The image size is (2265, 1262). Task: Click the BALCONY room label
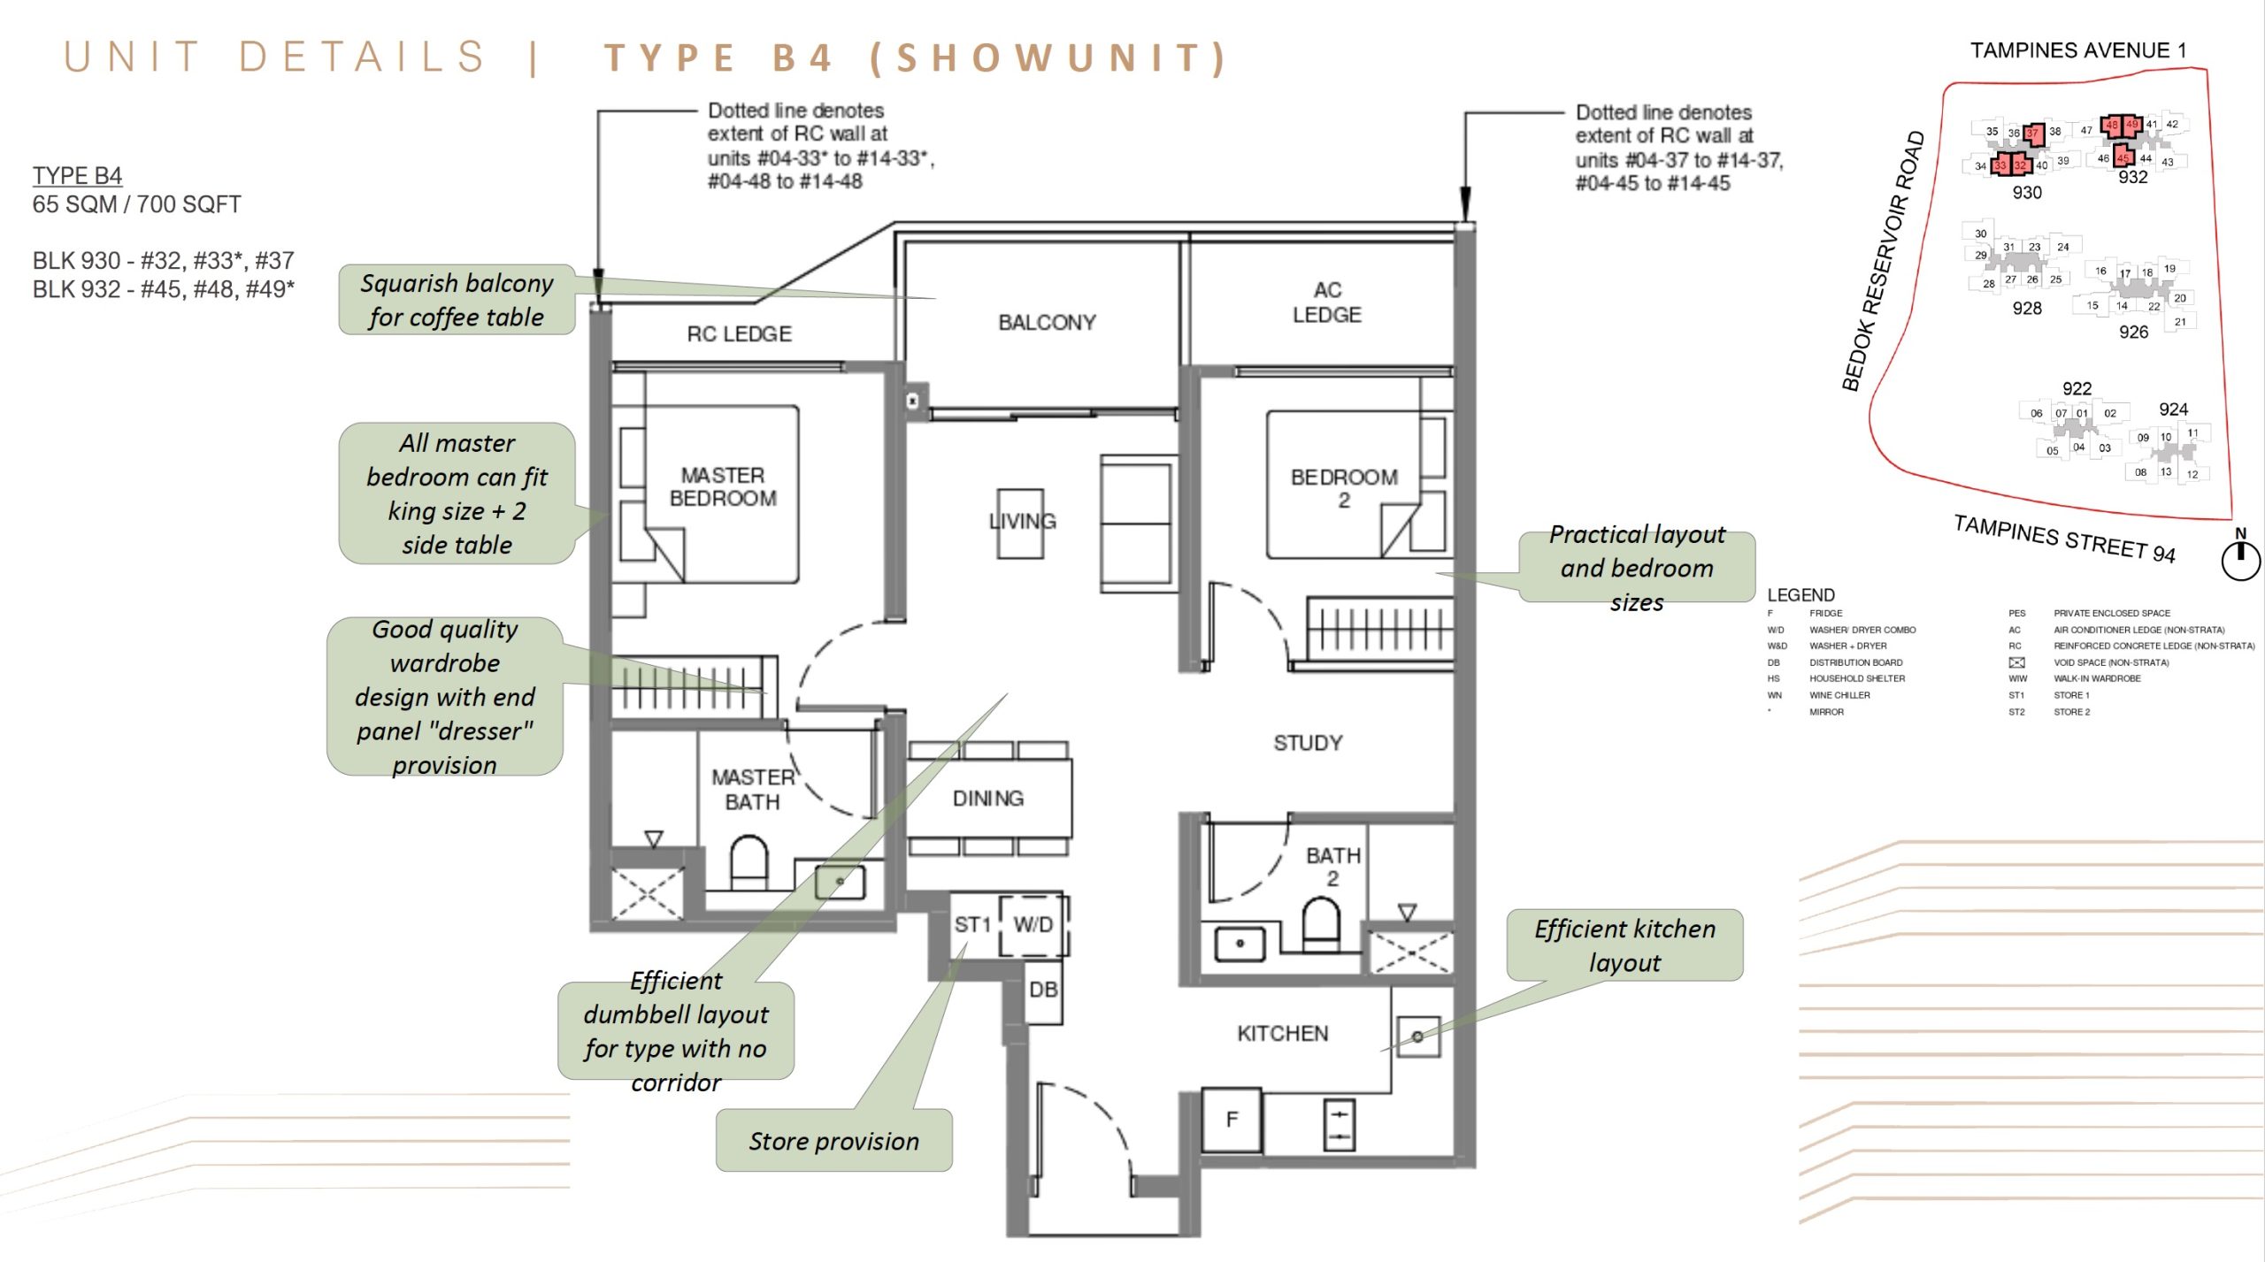point(1047,322)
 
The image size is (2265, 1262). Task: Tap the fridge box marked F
point(1231,1120)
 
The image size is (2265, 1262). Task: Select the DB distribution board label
point(1043,990)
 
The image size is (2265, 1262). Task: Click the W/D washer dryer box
point(1033,925)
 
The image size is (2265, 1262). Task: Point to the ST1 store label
point(971,925)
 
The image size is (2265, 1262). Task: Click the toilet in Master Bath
point(749,862)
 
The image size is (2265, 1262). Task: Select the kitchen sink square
point(1417,1036)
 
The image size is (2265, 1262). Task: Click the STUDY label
point(1308,743)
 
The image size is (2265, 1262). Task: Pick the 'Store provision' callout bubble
point(833,1141)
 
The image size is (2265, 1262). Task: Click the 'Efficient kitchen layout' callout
point(1624,945)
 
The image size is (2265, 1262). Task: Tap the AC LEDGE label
point(1326,302)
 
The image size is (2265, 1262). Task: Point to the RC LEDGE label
point(739,334)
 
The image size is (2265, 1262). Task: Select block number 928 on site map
point(2027,309)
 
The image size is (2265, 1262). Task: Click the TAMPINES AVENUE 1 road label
point(2077,50)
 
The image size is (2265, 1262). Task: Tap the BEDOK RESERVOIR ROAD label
point(1884,261)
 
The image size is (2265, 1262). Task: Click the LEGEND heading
point(1800,595)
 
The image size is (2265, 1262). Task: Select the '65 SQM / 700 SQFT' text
point(136,204)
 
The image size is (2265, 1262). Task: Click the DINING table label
point(987,799)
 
